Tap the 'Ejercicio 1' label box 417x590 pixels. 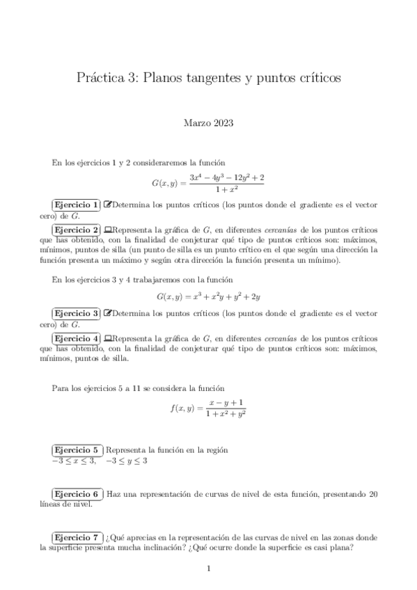(76, 205)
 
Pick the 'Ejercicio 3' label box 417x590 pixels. (76, 314)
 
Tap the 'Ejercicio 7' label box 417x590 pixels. (76, 537)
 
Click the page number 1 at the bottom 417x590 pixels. (208, 569)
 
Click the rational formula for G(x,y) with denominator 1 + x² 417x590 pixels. (208, 183)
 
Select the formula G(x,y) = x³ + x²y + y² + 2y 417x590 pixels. (208, 297)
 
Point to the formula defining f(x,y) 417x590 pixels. (208, 408)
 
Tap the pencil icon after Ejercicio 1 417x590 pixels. (107, 205)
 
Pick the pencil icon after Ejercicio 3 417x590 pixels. (107, 314)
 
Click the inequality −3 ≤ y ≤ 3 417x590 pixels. (126, 461)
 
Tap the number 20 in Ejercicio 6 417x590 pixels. (373, 494)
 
